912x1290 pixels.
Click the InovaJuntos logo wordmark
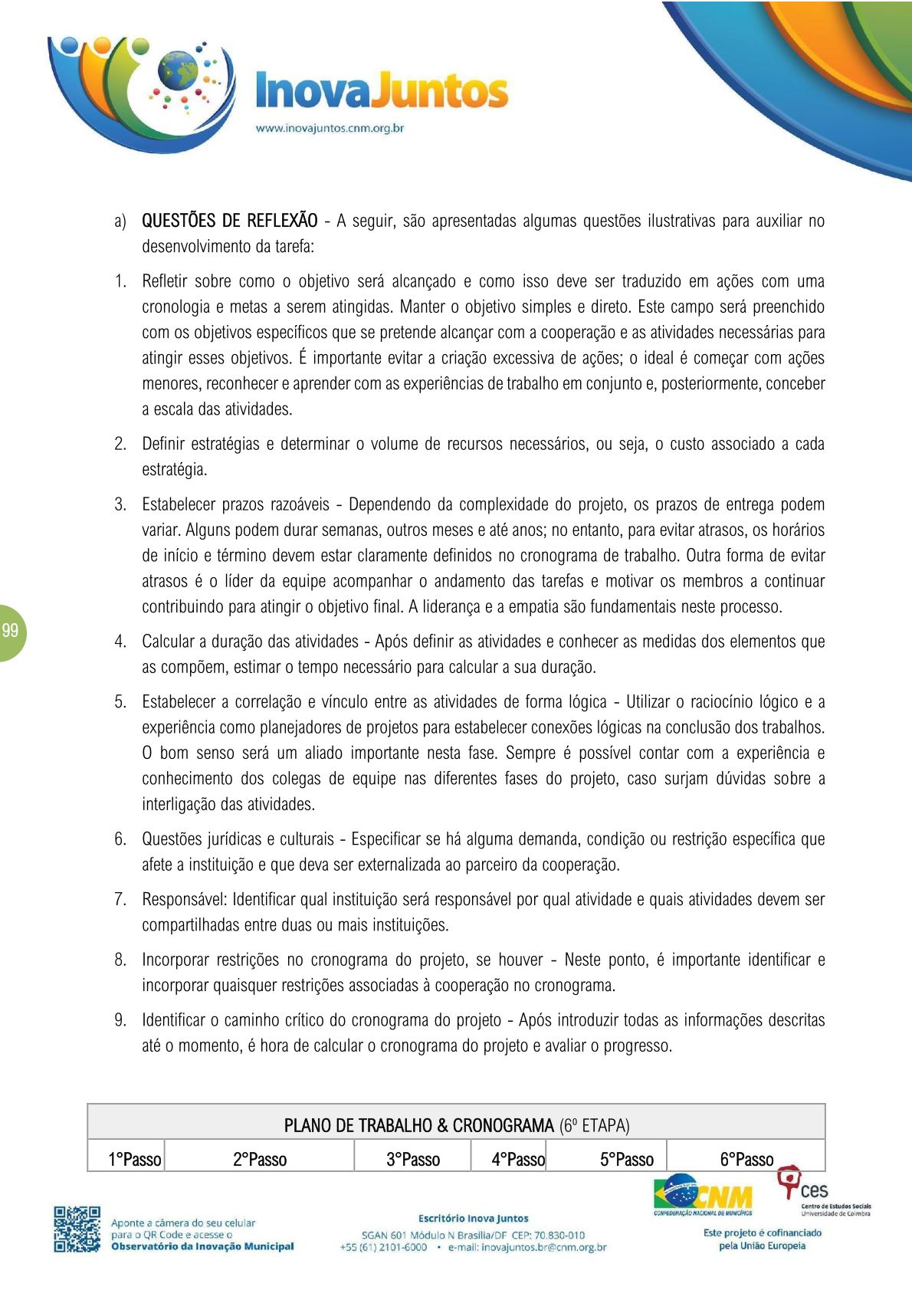[381, 90]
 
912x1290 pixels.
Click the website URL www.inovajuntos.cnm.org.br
[330, 128]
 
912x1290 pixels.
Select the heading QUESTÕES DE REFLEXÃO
[229, 221]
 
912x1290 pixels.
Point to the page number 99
[10, 631]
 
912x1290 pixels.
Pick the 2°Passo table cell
[260, 1159]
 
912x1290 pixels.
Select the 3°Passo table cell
[413, 1159]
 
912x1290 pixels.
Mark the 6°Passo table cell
[746, 1159]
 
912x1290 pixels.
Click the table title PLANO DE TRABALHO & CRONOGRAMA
[418, 1125]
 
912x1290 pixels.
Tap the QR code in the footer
[77, 1229]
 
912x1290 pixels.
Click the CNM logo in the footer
[704, 1194]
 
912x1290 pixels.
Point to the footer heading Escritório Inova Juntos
[473, 1218]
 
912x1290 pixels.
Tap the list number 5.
[120, 701]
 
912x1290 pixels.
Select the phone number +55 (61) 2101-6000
[383, 1247]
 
